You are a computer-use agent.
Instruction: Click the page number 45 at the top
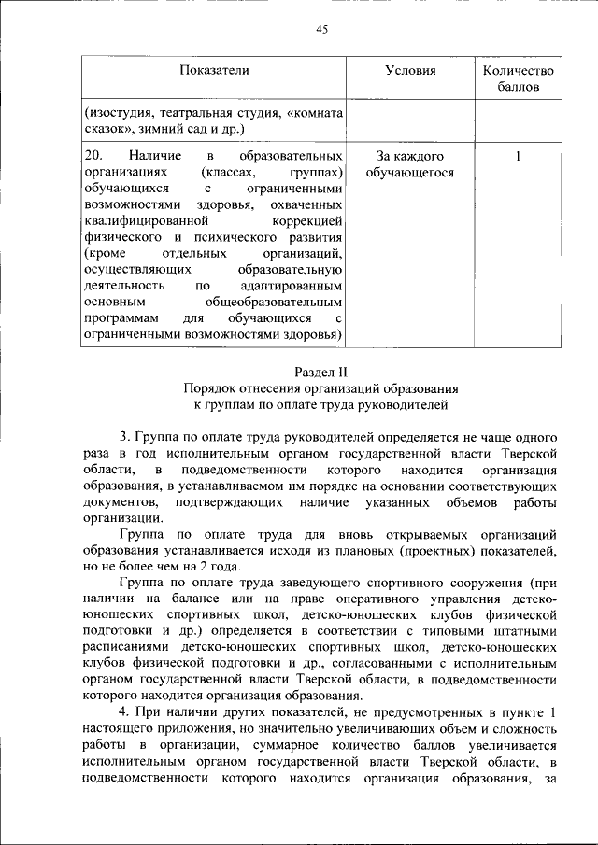322,30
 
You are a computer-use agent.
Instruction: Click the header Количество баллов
518,78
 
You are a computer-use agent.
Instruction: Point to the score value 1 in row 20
518,156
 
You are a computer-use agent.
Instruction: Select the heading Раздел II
321,371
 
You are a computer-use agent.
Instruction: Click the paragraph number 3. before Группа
124,437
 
